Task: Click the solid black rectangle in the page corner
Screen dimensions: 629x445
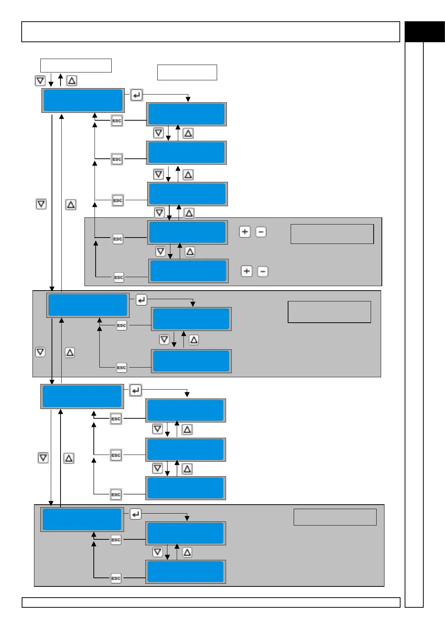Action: pyautogui.click(x=424, y=32)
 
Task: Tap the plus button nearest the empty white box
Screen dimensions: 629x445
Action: pyautogui.click(x=245, y=232)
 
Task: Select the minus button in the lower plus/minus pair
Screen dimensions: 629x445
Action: pyautogui.click(x=263, y=272)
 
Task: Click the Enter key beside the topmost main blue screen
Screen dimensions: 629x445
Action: pyautogui.click(x=136, y=95)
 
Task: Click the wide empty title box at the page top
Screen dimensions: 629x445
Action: pyautogui.click(x=210, y=32)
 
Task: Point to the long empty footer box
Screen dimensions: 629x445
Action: pyautogui.click(x=211, y=602)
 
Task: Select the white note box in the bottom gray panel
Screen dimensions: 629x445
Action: pyautogui.click(x=335, y=517)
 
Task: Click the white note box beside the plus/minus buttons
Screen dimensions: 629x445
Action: pyautogui.click(x=332, y=234)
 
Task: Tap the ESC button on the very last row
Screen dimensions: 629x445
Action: pyautogui.click(x=116, y=578)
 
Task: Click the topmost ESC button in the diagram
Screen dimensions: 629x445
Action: pyautogui.click(x=117, y=121)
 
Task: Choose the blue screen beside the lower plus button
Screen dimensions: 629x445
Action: pyautogui.click(x=188, y=271)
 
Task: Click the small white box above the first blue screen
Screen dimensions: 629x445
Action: pyautogui.click(x=76, y=65)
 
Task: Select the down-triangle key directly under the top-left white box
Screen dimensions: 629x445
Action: pyautogui.click(x=40, y=81)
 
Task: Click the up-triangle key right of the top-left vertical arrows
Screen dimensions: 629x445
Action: pyautogui.click(x=72, y=81)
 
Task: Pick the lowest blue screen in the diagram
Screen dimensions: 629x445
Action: pyautogui.click(x=185, y=571)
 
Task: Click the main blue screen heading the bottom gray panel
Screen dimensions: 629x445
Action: pyautogui.click(x=82, y=519)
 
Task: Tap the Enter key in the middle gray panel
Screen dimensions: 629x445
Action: pyautogui.click(x=141, y=300)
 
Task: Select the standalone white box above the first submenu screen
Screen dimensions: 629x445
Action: pyautogui.click(x=187, y=72)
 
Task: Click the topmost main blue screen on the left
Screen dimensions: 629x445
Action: pyautogui.click(x=83, y=100)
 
